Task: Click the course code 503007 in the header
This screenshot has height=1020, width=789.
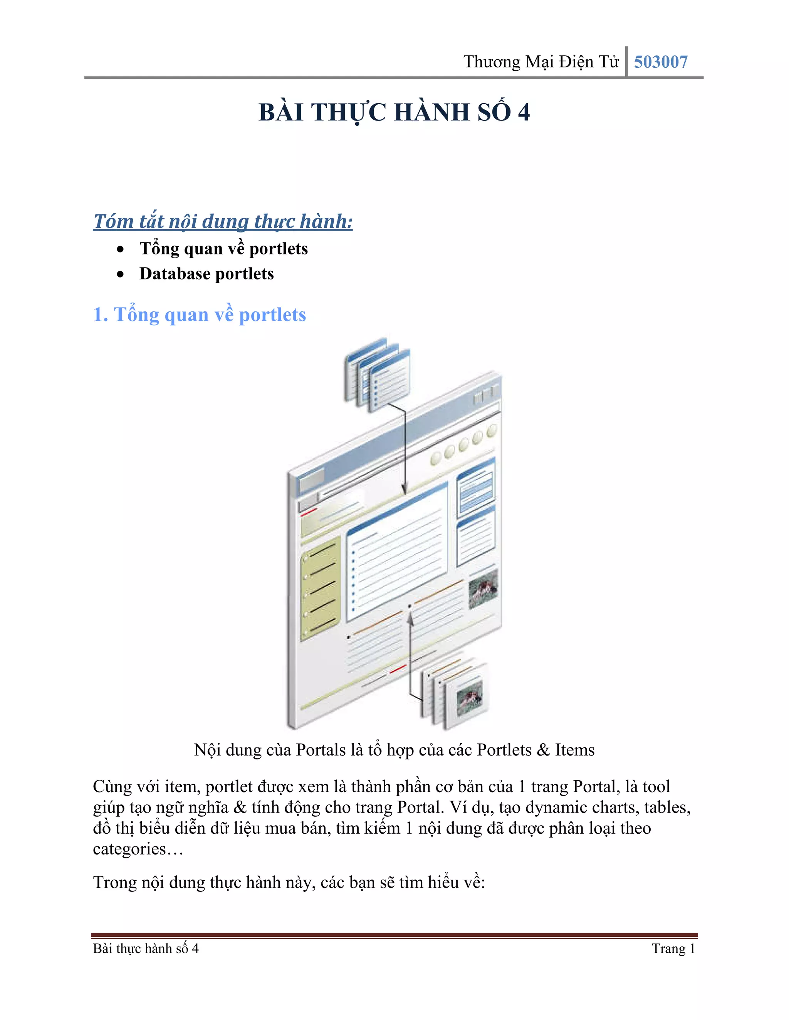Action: pyautogui.click(x=660, y=62)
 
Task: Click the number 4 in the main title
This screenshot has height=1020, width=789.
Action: pyautogui.click(x=524, y=112)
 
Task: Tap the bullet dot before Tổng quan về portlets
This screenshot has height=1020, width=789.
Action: pyautogui.click(x=121, y=249)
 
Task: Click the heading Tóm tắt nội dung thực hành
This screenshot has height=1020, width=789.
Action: pyautogui.click(x=223, y=221)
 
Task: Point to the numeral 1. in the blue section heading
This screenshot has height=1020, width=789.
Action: pyautogui.click(x=101, y=315)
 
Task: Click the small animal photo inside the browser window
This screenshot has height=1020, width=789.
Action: pyautogui.click(x=483, y=590)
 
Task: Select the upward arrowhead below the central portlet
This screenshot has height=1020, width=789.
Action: pyautogui.click(x=410, y=619)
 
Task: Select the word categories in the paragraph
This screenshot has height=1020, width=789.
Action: pyautogui.click(x=129, y=849)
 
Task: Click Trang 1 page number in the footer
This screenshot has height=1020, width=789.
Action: pyautogui.click(x=673, y=948)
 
